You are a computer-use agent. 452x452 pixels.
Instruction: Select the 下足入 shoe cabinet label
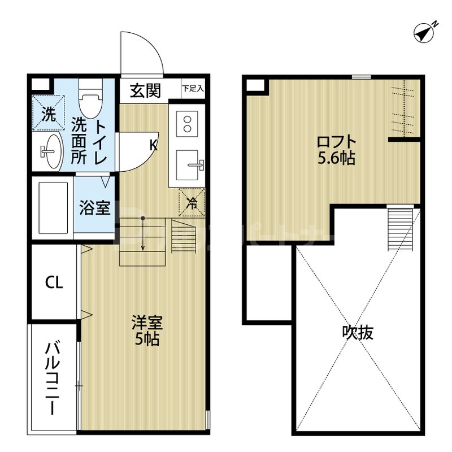click(193, 89)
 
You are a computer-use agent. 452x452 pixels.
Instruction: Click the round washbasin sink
click(49, 151)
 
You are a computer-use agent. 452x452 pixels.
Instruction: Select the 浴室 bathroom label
click(94, 208)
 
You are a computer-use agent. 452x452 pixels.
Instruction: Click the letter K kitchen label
click(153, 145)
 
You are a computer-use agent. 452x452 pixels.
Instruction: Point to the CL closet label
click(54, 282)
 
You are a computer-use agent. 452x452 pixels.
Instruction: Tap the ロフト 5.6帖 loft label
click(336, 150)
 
